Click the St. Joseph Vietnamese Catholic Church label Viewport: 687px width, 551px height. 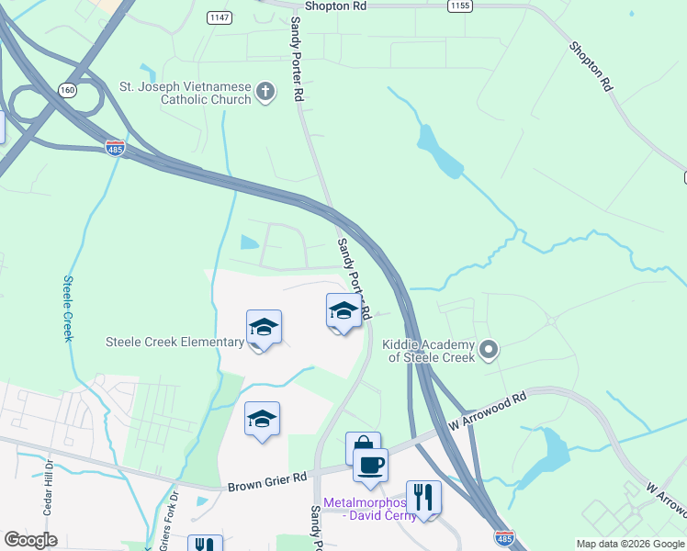186,93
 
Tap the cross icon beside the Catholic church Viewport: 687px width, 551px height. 265,91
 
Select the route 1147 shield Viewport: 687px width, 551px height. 219,17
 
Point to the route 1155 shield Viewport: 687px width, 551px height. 461,6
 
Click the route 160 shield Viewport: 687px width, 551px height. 66,90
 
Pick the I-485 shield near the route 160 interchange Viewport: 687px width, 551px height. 115,149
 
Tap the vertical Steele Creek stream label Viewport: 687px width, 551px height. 68,309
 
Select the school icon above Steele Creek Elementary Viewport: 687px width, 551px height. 264,328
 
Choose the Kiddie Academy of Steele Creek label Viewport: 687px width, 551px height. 429,351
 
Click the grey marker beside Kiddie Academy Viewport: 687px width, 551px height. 489,348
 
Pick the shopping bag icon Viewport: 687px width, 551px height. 363,447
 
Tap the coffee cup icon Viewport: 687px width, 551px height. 370,464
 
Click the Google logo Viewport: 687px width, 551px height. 31,540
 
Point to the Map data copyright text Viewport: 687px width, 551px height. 630,544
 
